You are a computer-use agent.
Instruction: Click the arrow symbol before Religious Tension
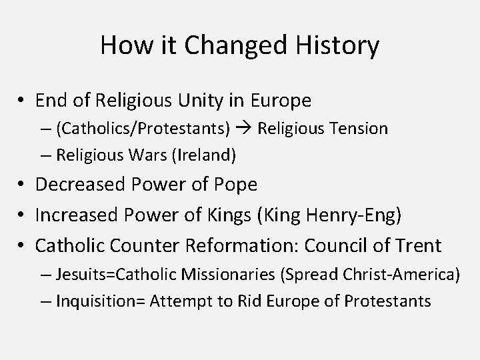coord(244,129)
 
